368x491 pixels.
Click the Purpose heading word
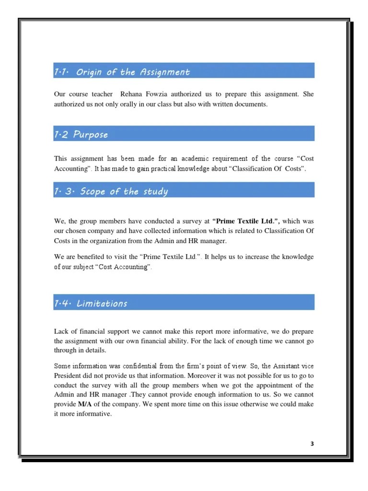tap(91, 135)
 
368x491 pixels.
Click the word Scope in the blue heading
tap(93, 192)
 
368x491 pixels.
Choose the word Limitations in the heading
tap(102, 304)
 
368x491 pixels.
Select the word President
tap(67, 375)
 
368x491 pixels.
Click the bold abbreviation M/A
tap(85, 404)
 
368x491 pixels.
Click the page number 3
tap(312, 444)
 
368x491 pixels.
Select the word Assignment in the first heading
tap(165, 72)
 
